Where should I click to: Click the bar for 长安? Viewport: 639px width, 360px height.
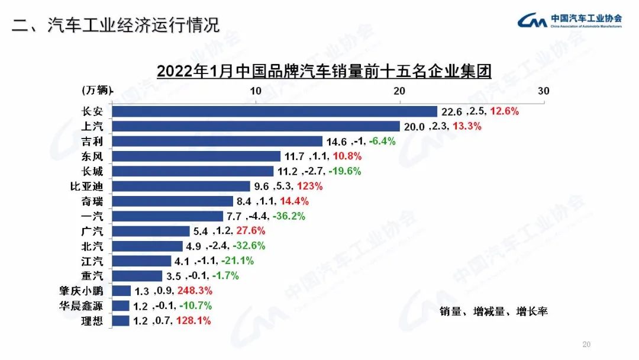click(274, 111)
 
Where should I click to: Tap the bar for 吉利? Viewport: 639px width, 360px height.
click(217, 141)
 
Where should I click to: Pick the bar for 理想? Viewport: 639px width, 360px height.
click(121, 321)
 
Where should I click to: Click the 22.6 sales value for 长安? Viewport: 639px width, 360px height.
click(450, 111)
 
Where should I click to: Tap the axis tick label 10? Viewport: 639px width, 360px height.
click(256, 91)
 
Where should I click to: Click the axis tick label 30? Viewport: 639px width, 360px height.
click(543, 91)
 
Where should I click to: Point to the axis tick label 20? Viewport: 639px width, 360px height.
click(399, 91)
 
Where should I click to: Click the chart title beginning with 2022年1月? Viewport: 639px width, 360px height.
click(324, 72)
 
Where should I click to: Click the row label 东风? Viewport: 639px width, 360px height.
click(94, 156)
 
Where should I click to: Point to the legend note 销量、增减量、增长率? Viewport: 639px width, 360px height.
click(493, 311)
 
